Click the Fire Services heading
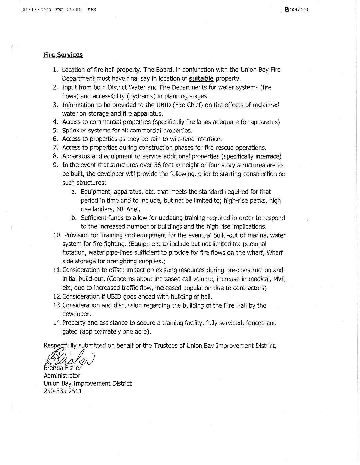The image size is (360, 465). tap(63, 55)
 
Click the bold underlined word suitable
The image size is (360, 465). tap(201, 79)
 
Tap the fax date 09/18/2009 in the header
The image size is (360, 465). tap(36, 10)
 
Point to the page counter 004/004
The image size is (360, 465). tap(299, 10)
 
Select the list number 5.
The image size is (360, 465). tap(56, 131)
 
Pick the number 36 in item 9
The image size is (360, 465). tap(158, 165)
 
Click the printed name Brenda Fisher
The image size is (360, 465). tap(63, 368)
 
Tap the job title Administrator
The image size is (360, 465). tap(62, 376)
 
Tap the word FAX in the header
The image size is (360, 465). tap(92, 10)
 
